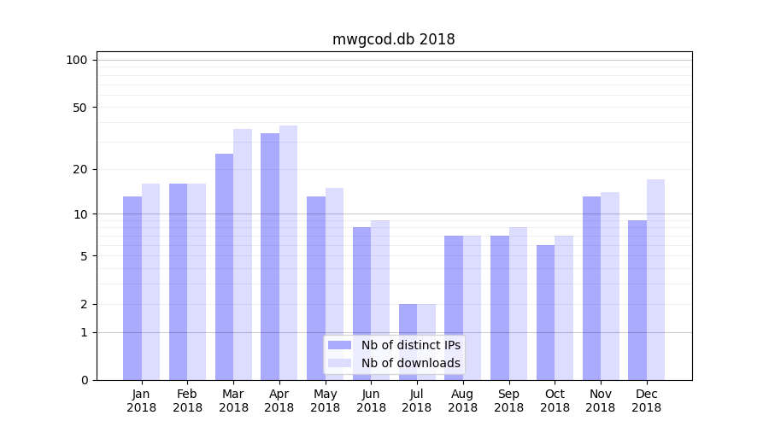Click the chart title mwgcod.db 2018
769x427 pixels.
[393, 39]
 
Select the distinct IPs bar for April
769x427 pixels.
[270, 256]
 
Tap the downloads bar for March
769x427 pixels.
[243, 254]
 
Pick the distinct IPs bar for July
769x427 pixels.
[408, 342]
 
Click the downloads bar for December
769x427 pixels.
[655, 279]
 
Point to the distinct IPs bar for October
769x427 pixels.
[545, 313]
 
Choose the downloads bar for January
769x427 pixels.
[151, 282]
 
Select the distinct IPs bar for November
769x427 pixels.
[591, 288]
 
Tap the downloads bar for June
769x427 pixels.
[380, 300]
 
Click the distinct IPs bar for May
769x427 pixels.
[316, 288]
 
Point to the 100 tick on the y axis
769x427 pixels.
[77, 60]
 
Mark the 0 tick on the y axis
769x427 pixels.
[84, 380]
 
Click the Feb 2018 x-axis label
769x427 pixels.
[187, 401]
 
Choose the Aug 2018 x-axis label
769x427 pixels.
[462, 401]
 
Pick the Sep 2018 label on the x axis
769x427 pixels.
[508, 401]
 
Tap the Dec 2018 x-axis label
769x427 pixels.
[646, 401]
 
